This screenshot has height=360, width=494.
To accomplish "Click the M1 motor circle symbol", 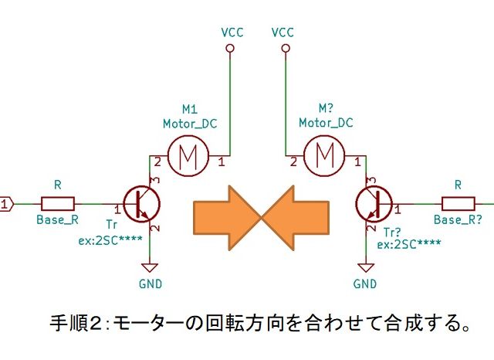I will pos(188,156).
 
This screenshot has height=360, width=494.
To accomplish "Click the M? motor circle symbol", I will pos(324,156).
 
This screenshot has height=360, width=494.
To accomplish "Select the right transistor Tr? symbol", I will pos(375,204).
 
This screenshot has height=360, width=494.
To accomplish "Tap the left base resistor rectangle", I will pos(58,204).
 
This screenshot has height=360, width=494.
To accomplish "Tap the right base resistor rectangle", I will pos(458,204).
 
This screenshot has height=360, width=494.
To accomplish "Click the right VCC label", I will pos(283,33).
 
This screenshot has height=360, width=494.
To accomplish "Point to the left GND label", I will pos(151,284).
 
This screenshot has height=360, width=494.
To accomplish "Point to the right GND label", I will pos(364,284).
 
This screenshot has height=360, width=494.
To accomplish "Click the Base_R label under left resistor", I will pos(57,219).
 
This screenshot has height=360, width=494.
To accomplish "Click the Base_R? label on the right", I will pos(458,219).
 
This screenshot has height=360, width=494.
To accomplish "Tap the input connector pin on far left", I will pos(6,204).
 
